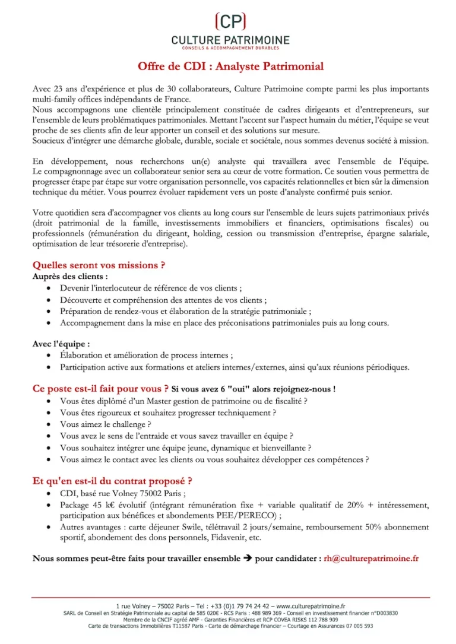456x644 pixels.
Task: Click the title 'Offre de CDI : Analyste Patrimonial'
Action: tap(230, 66)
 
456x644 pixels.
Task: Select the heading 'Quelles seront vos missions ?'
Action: tap(99, 265)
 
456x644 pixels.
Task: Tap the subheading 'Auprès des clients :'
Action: tap(70, 277)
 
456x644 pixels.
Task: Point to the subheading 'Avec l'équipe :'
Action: tap(61, 344)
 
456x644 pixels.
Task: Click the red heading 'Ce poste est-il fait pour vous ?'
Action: tap(100, 389)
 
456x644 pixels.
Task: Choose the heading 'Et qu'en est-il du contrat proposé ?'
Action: tap(112, 481)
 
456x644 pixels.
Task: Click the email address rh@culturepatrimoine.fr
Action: tap(371, 559)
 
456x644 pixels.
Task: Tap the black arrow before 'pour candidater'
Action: tap(247, 559)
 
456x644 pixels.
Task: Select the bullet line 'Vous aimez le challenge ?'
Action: tap(105, 424)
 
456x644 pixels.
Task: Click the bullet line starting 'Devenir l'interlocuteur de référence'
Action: tap(150, 288)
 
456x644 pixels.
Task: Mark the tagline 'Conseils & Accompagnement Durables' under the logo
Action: tap(230, 47)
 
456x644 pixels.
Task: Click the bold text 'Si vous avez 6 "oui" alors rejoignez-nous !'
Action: tap(254, 389)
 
